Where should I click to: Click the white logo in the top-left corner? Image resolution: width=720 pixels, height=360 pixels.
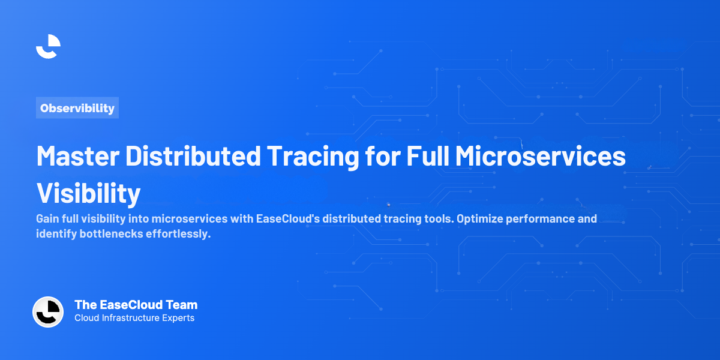tap(48, 46)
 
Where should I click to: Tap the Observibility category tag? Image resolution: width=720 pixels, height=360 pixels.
tap(77, 108)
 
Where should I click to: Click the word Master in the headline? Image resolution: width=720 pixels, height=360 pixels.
tap(76, 157)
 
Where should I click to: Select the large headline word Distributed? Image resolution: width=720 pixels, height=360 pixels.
tap(191, 157)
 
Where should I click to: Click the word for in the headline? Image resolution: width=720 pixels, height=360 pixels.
tap(383, 157)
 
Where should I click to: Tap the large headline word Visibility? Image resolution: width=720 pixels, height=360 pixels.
tap(88, 193)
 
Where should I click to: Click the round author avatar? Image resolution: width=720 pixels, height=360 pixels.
tap(48, 312)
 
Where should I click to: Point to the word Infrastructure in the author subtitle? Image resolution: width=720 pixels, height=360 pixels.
tap(130, 318)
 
